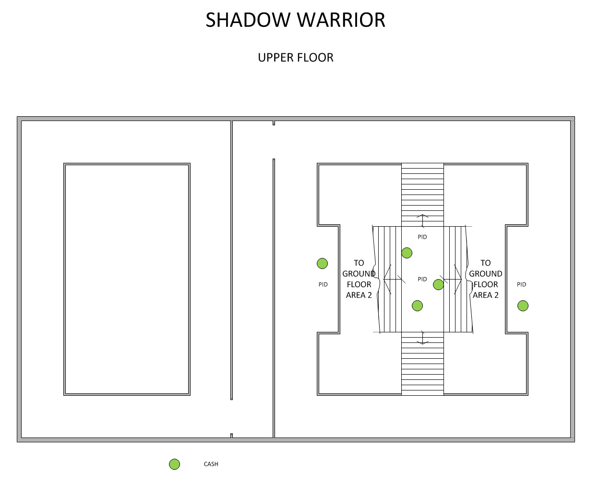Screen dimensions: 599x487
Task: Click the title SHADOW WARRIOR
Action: point(295,20)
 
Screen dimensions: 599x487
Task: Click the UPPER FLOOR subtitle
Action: point(295,58)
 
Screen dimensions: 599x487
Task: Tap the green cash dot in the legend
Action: point(175,464)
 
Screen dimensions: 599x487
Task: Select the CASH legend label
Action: point(211,464)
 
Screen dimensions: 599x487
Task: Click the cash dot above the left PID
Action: point(323,263)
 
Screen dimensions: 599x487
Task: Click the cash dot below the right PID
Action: point(523,305)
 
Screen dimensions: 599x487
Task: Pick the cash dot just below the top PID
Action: point(407,253)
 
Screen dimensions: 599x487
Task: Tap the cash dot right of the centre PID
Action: point(438,285)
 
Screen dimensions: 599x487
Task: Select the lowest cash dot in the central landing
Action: point(418,305)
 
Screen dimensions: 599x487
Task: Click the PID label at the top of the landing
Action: point(422,237)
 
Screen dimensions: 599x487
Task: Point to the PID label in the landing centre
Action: point(422,279)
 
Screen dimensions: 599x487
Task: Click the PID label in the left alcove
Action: point(323,285)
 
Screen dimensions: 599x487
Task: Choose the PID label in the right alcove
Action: point(522,284)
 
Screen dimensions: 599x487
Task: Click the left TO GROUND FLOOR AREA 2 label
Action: point(359,279)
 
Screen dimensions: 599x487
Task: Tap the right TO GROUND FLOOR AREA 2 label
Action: point(486,279)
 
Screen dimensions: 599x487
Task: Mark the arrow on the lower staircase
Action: point(422,338)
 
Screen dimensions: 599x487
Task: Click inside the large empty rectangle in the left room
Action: point(127,279)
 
